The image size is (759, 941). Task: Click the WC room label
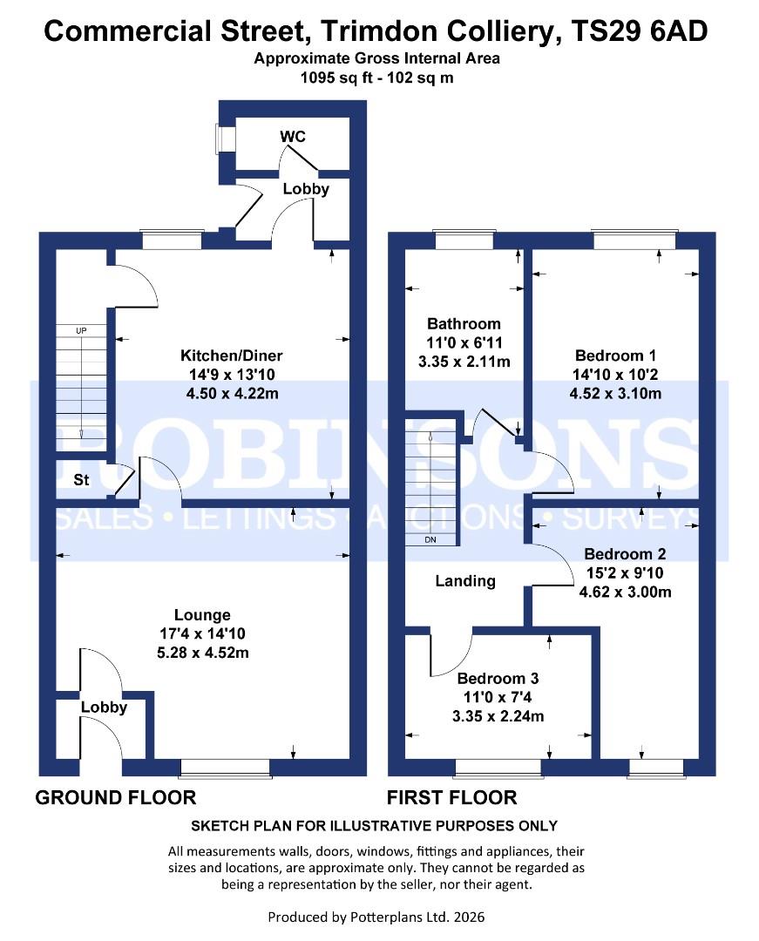293,137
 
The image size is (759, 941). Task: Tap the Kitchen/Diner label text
231,355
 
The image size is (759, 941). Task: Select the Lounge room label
202,615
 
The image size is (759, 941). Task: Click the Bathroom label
464,324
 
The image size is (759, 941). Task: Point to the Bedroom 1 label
615,355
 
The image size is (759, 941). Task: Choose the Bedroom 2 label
625,554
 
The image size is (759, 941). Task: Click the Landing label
465,581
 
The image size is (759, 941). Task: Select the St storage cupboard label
81,480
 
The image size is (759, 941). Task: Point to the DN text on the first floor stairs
430,540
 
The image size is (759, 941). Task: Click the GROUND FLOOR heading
115,797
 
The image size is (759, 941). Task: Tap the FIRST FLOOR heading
451,797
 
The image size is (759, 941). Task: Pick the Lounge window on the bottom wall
225,767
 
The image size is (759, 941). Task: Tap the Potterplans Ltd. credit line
376,917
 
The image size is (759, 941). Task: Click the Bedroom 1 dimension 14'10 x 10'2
615,375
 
